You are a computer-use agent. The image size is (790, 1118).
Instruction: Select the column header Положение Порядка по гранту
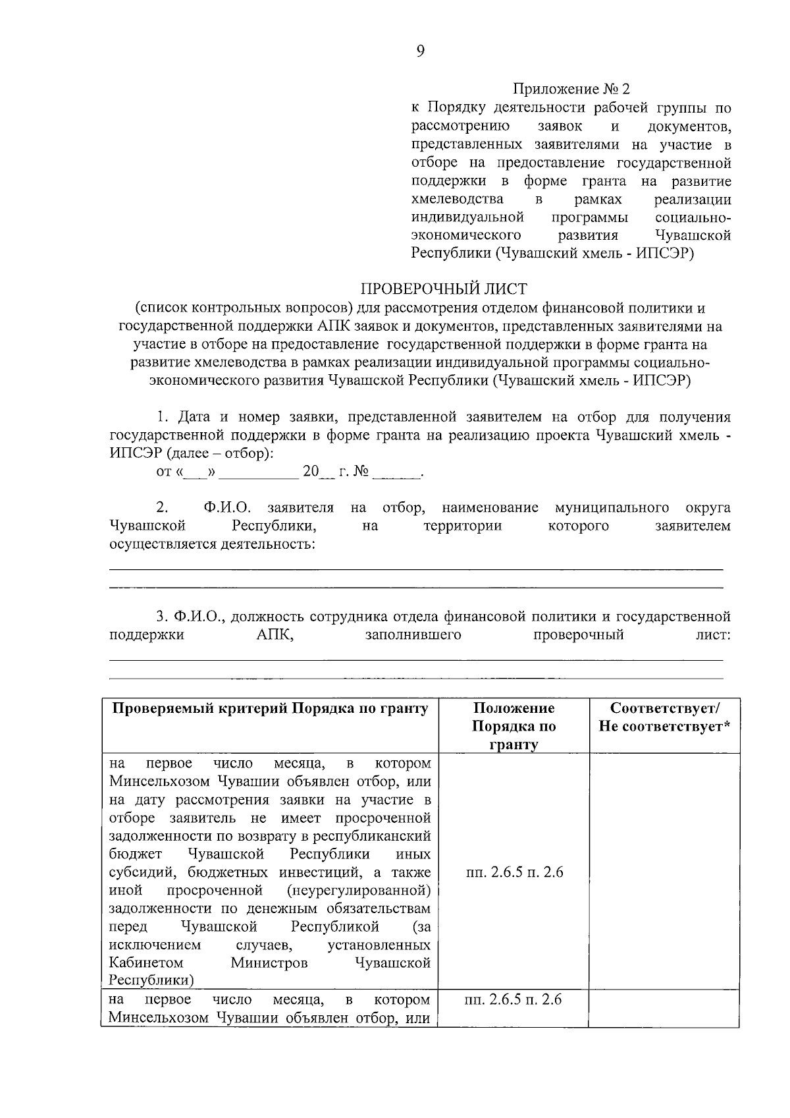pyautogui.click(x=513, y=726)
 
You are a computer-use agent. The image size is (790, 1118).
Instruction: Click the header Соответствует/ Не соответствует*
pyautogui.click(x=665, y=717)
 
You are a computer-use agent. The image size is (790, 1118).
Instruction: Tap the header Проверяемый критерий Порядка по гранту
pyautogui.click(x=271, y=708)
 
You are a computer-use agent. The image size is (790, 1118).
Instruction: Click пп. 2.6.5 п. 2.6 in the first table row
pyautogui.click(x=514, y=873)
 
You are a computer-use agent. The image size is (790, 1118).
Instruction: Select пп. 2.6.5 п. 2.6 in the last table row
pyautogui.click(x=513, y=1000)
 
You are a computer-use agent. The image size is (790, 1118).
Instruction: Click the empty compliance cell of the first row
pyautogui.click(x=665, y=873)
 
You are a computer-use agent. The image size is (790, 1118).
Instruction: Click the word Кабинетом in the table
pyautogui.click(x=137, y=963)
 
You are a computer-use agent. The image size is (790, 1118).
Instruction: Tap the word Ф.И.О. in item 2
pyautogui.click(x=228, y=508)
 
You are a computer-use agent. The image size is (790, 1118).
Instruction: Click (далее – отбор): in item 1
pyautogui.click(x=219, y=454)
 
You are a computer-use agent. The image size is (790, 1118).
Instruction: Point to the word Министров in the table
pyautogui.click(x=269, y=963)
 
